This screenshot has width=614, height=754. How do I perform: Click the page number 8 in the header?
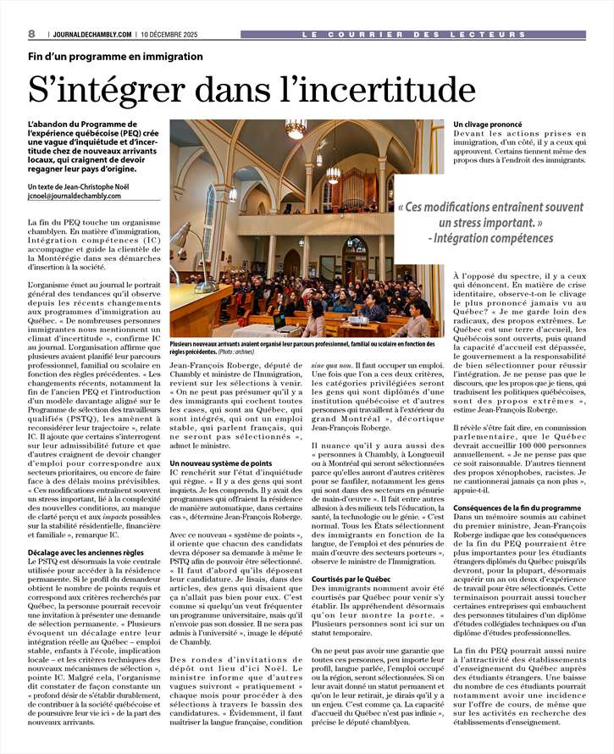click(31, 34)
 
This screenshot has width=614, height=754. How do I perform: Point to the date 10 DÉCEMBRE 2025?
click(174, 35)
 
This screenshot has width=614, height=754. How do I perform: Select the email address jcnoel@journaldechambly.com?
click(81, 196)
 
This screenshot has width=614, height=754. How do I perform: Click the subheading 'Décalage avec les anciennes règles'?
click(86, 552)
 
